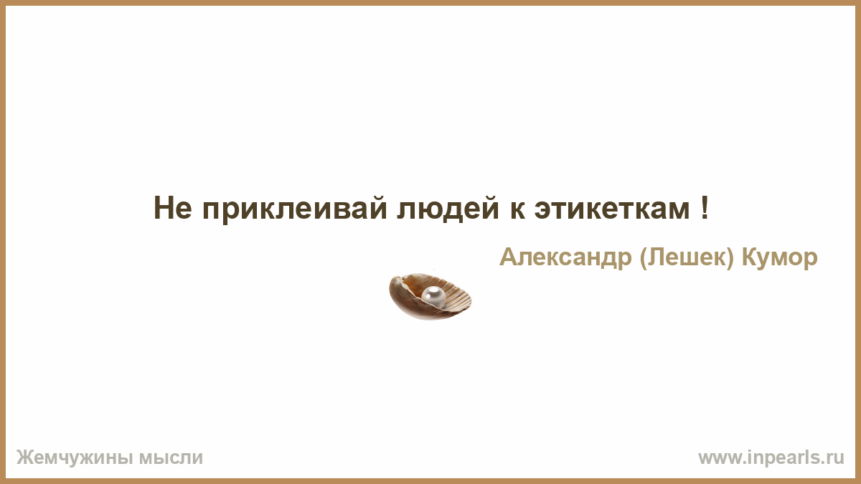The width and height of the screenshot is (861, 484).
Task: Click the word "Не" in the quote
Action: pyautogui.click(x=173, y=208)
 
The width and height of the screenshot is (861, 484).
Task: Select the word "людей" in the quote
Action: pyautogui.click(x=448, y=209)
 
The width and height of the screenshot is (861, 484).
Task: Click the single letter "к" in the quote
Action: pyautogui.click(x=517, y=211)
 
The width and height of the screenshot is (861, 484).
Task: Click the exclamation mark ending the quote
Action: pyautogui.click(x=704, y=207)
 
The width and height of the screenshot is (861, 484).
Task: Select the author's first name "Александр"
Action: pyautogui.click(x=565, y=257)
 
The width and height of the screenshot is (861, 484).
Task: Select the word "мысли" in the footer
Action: pyautogui.click(x=171, y=458)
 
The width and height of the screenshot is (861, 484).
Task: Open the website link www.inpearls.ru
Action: pyautogui.click(x=771, y=458)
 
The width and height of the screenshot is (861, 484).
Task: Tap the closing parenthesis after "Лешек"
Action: pyautogui.click(x=730, y=257)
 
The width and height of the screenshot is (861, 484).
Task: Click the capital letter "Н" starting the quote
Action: pyautogui.click(x=164, y=208)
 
